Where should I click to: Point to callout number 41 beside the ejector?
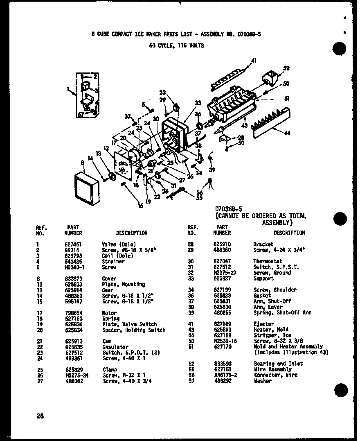pos(254,61)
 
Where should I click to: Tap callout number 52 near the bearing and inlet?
pos(286,68)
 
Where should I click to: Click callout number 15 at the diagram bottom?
pos(140,206)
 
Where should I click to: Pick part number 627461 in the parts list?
pos(73,244)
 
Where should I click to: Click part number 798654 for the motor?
pos(73,313)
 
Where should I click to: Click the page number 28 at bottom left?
pos(40,416)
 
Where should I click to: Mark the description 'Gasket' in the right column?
pos(262,295)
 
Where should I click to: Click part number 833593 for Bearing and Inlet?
pos(222,364)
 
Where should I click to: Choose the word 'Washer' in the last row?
pos(262,381)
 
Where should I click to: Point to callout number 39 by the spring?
pos(212,170)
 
